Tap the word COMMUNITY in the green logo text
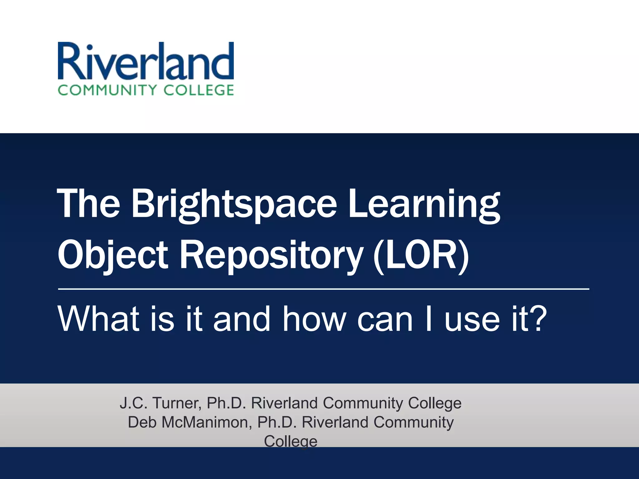pyautogui.click(x=107, y=90)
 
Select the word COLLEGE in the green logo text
pyautogui.click(x=199, y=90)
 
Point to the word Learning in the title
pyautogui.click(x=424, y=204)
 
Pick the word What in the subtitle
pyautogui.click(x=99, y=319)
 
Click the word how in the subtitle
pyautogui.click(x=315, y=319)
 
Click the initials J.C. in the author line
pyautogui.click(x=133, y=403)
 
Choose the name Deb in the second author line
pyautogui.click(x=142, y=422)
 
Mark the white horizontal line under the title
pyautogui.click(x=323, y=289)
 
